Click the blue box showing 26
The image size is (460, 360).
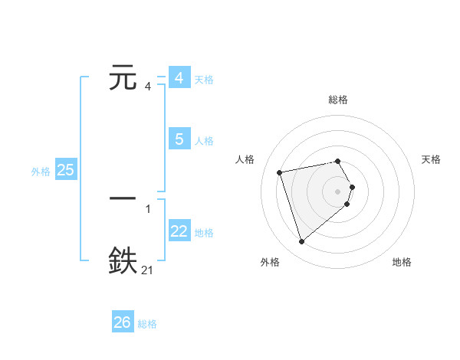(x=123, y=322)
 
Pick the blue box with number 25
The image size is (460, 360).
(x=66, y=170)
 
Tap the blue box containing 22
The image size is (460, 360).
(x=179, y=232)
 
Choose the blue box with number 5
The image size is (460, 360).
(x=179, y=139)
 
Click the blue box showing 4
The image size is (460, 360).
(x=179, y=78)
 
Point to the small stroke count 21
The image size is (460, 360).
(x=148, y=270)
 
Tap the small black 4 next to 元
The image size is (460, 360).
(x=148, y=87)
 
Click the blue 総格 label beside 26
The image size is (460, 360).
(x=147, y=324)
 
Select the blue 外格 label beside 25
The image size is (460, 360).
(x=41, y=172)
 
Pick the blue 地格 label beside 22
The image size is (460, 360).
(x=204, y=233)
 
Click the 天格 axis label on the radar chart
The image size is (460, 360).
(x=431, y=159)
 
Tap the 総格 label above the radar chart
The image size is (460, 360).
(x=338, y=100)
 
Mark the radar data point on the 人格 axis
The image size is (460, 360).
(x=280, y=172)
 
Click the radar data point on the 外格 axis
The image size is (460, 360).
(x=302, y=241)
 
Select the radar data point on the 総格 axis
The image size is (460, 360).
(x=338, y=161)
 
